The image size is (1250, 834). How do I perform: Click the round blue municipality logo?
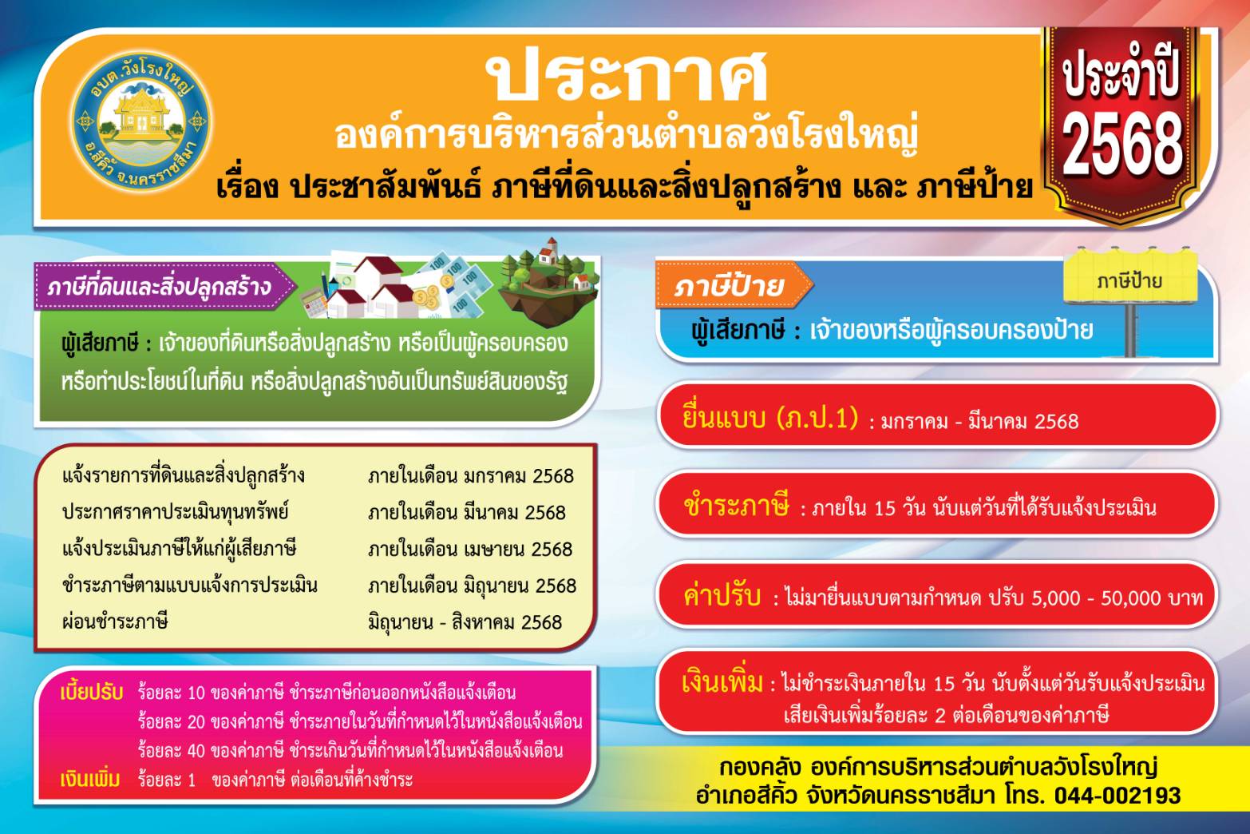[141, 122]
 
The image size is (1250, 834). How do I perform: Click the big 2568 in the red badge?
[1122, 144]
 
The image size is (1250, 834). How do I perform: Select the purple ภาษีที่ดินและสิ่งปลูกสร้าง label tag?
[163, 287]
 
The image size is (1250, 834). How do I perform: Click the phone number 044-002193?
[1117, 796]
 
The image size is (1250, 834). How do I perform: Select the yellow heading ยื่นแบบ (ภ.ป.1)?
[770, 418]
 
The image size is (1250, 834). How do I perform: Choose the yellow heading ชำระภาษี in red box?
[736, 506]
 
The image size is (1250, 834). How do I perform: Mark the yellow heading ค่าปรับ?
[722, 595]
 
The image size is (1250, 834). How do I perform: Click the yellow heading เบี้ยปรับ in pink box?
[92, 692]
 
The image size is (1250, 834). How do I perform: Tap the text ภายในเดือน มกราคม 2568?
[470, 476]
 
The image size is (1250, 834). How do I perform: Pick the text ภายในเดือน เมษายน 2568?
[470, 549]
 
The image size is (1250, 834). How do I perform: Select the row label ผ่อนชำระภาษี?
[115, 622]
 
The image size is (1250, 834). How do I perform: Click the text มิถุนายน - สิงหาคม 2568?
[465, 622]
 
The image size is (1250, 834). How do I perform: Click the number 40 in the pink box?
[196, 751]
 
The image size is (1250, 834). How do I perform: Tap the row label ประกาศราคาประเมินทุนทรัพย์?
[176, 512]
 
